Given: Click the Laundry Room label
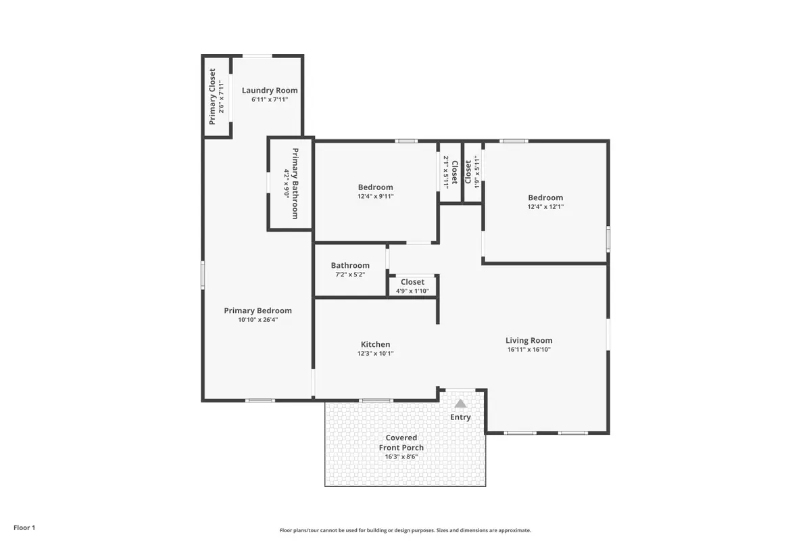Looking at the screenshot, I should pyautogui.click(x=270, y=91).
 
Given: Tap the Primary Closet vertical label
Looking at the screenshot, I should pyautogui.click(x=212, y=97).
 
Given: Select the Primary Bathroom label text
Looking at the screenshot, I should pyautogui.click(x=295, y=183).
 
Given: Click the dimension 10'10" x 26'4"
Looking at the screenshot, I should pyautogui.click(x=257, y=320).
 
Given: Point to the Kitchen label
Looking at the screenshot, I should pyautogui.click(x=375, y=344).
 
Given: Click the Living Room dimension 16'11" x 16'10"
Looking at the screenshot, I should pyautogui.click(x=529, y=350).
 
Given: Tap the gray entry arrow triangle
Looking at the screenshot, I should pyautogui.click(x=460, y=404).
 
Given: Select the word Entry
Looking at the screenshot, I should pyautogui.click(x=460, y=417).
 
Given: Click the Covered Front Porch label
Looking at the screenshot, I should pyautogui.click(x=401, y=442).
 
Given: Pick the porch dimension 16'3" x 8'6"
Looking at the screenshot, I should pyautogui.click(x=401, y=456).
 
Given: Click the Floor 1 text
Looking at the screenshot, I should pyautogui.click(x=24, y=527).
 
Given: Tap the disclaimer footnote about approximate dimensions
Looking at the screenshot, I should pyautogui.click(x=405, y=531).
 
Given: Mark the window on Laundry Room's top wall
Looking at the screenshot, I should pyautogui.click(x=257, y=56).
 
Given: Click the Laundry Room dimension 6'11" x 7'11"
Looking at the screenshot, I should pyautogui.click(x=270, y=100).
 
